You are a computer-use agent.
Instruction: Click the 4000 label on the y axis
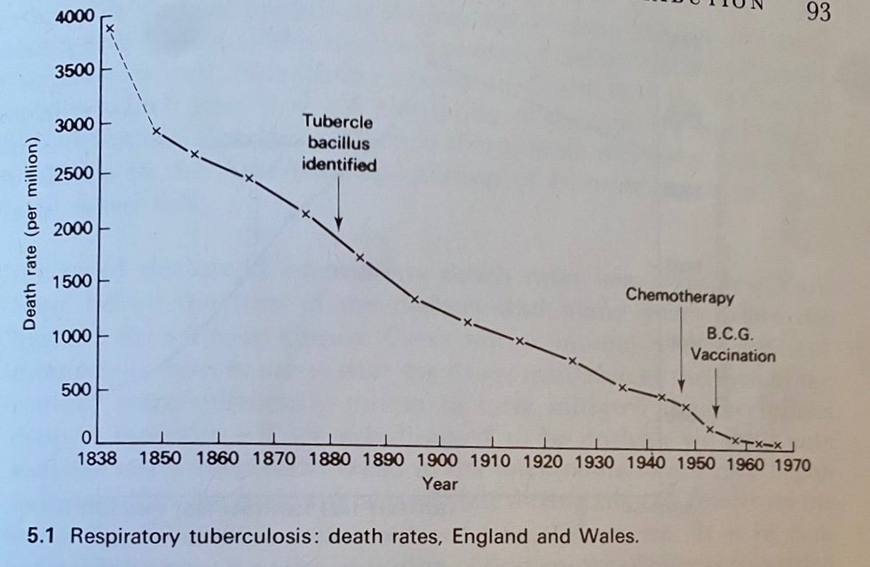pyautogui.click(x=72, y=16)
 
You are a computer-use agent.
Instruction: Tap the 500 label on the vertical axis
pyautogui.click(x=78, y=390)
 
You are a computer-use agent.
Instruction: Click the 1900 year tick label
pyautogui.click(x=438, y=462)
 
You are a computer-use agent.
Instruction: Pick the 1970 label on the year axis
pyautogui.click(x=787, y=464)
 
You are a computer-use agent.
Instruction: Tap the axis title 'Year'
pyautogui.click(x=440, y=484)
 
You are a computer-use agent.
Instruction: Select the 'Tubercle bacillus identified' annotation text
pyautogui.click(x=338, y=142)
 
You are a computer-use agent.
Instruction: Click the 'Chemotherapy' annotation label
pyautogui.click(x=680, y=295)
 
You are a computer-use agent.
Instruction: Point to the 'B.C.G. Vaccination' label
pyautogui.click(x=732, y=346)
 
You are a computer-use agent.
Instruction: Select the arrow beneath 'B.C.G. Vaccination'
pyautogui.click(x=716, y=391)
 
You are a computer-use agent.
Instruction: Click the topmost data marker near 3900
pyautogui.click(x=110, y=28)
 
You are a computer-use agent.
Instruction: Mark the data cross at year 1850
pyautogui.click(x=156, y=132)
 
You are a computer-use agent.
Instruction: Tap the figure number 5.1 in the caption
pyautogui.click(x=41, y=537)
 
